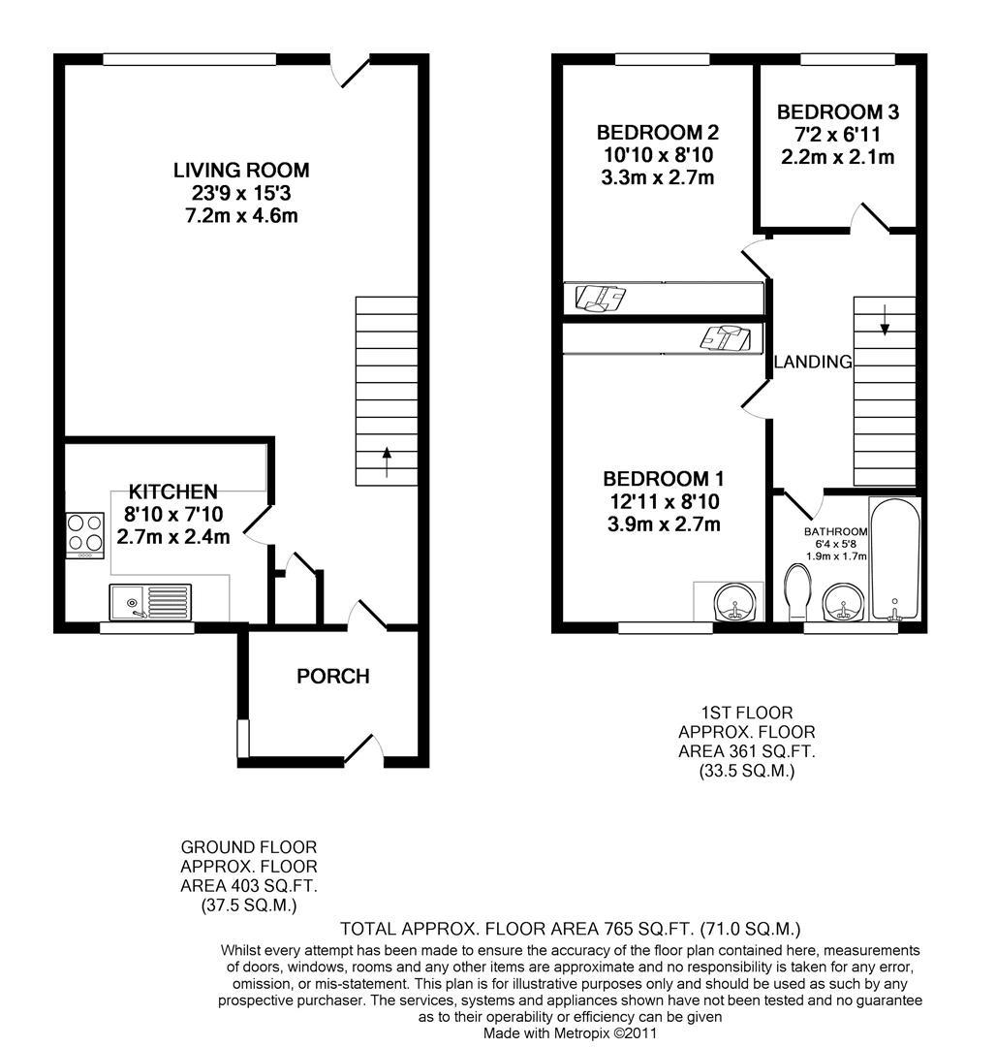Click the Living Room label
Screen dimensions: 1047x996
tap(241, 171)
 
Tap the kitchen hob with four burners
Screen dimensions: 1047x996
tap(84, 534)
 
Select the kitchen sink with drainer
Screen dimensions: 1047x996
tap(150, 602)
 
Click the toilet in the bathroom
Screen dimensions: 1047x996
tap(797, 593)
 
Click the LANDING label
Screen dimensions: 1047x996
tap(813, 363)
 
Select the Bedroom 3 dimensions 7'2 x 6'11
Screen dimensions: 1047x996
tap(837, 134)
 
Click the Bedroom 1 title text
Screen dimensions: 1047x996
tap(663, 479)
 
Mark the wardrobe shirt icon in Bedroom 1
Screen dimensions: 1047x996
tap(726, 338)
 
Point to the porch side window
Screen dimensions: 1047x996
tap(243, 740)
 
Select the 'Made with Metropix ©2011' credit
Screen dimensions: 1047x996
tap(572, 1033)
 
